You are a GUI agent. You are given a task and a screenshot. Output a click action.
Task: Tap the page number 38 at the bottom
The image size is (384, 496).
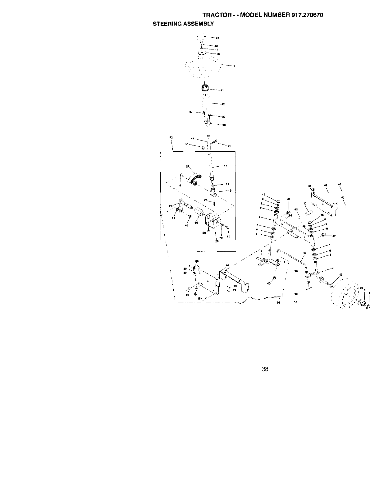click(x=265, y=369)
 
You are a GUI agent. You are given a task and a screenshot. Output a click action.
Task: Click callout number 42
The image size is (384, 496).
click(x=223, y=104)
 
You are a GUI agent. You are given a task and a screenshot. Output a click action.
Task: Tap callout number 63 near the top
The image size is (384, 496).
click(x=216, y=46)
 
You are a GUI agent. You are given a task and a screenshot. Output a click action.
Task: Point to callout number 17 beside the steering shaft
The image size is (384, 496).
click(x=225, y=166)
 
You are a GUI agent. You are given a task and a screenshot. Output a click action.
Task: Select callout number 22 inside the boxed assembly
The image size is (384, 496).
click(x=205, y=200)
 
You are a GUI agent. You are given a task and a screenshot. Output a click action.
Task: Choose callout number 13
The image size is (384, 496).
click(x=305, y=204)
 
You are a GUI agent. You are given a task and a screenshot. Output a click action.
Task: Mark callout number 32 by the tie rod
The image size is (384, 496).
click(x=305, y=253)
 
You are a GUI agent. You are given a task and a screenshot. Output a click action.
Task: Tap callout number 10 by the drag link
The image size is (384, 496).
click(x=279, y=302)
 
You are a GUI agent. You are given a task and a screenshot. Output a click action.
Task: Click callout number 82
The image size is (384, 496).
click(x=227, y=265)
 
